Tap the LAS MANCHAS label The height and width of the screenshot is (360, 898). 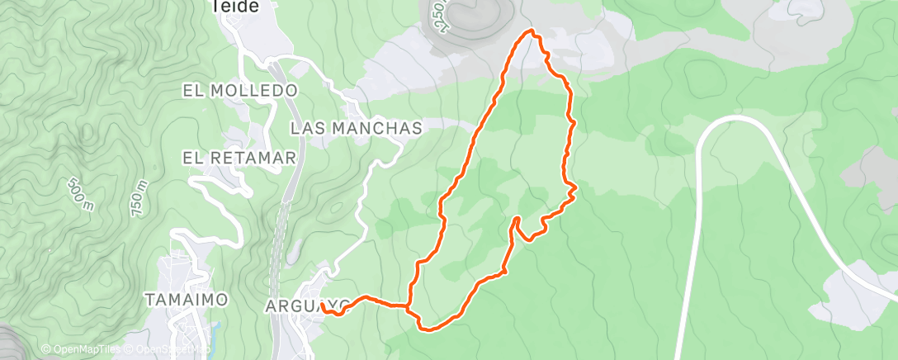[x=357, y=128]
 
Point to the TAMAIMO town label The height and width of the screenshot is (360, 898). [x=187, y=300]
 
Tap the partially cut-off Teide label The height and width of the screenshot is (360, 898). [x=234, y=7]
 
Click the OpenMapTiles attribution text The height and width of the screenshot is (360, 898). [x=79, y=349]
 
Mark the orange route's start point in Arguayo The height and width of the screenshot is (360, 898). [x=324, y=306]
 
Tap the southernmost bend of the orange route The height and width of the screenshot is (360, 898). [x=428, y=329]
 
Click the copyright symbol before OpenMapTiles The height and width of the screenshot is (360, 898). [x=45, y=349]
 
